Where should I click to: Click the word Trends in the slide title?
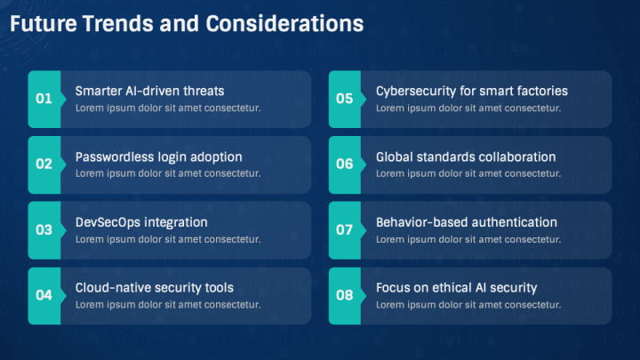pyautogui.click(x=117, y=24)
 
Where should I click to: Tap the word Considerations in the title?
pyautogui.click(x=284, y=24)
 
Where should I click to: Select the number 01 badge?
pyautogui.click(x=44, y=100)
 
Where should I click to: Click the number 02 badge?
pyautogui.click(x=44, y=164)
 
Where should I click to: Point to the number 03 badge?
pyautogui.click(x=44, y=230)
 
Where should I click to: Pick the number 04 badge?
pyautogui.click(x=44, y=296)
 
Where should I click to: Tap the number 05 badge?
pyautogui.click(x=345, y=100)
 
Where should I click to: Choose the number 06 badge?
pyautogui.click(x=345, y=164)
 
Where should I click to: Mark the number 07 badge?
pyautogui.click(x=345, y=230)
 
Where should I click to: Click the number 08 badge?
pyautogui.click(x=345, y=296)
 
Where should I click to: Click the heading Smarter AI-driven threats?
pyautogui.click(x=150, y=91)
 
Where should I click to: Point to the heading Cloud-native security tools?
pyautogui.click(x=155, y=288)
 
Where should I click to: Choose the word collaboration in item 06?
pyautogui.click(x=517, y=156)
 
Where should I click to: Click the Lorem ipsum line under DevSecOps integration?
pyautogui.click(x=168, y=239)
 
